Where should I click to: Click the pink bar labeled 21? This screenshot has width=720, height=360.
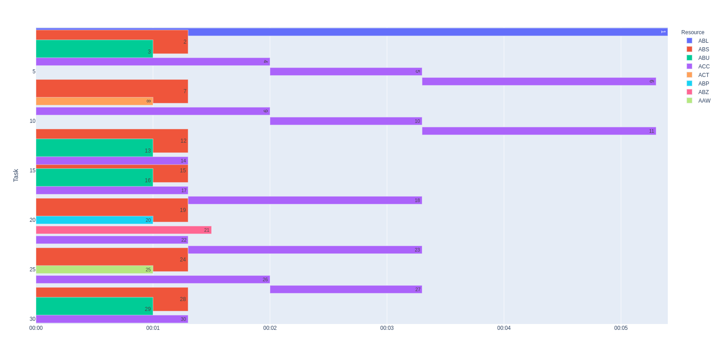(123, 230)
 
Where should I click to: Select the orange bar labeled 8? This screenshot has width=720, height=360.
(94, 101)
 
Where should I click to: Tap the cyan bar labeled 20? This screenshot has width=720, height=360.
(94, 220)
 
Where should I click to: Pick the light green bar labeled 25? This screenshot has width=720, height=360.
(94, 270)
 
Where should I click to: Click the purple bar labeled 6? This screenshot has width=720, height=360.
(539, 81)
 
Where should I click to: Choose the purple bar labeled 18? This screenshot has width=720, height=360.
(305, 200)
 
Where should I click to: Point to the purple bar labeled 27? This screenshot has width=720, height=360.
(346, 289)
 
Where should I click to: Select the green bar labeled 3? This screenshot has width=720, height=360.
(94, 49)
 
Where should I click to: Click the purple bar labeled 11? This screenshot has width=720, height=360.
(539, 131)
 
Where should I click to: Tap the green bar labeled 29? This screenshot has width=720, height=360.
(94, 306)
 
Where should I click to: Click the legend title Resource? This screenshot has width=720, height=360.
(693, 32)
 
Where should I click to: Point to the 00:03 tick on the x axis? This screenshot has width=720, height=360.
(387, 328)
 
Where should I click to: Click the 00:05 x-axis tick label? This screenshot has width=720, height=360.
(621, 328)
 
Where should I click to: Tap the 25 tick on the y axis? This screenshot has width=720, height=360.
(32, 270)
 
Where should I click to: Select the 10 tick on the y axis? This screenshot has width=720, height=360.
(32, 121)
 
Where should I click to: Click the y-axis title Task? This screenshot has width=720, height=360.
(16, 175)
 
